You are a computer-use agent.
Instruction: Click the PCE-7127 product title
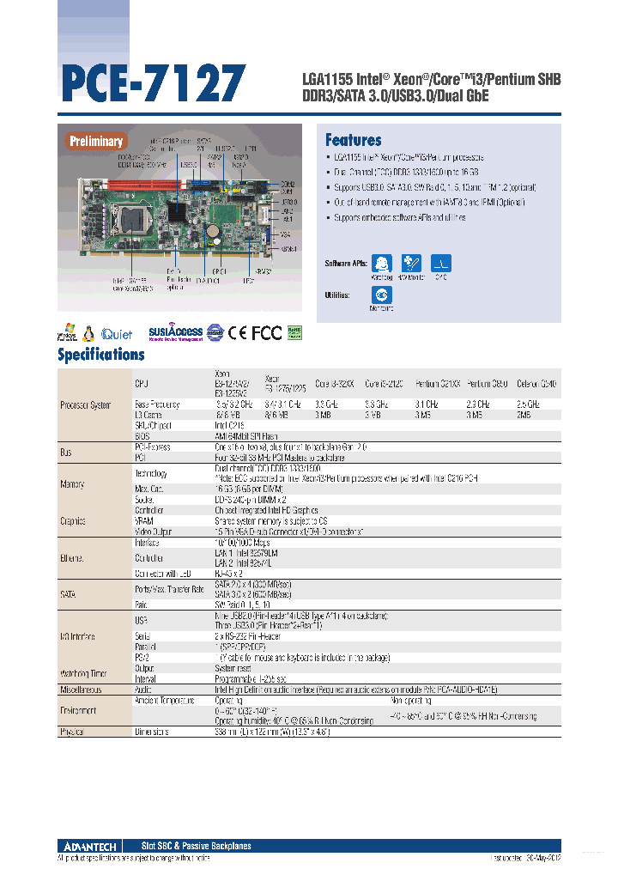pos(153,83)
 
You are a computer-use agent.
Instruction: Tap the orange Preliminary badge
pos(96,141)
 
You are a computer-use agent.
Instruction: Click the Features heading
pos(353,140)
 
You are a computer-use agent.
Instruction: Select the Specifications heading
pos(100,354)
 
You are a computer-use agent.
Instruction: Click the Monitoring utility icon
pos(383,295)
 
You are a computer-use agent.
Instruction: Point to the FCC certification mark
pos(265,332)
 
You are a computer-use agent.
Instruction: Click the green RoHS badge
pos(294,331)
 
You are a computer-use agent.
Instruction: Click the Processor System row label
pos(85,404)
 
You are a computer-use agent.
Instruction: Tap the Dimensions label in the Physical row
pos(151,732)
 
